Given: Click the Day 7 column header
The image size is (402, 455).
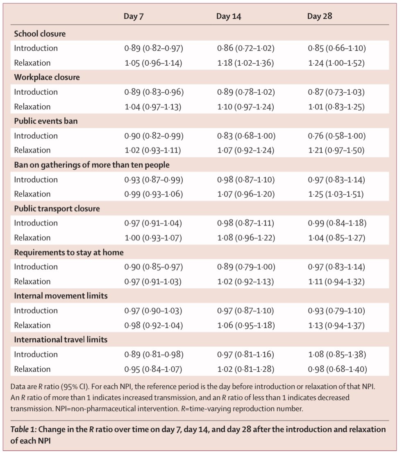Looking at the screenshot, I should pyautogui.click(x=134, y=16).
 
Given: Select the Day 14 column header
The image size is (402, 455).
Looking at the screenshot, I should pyautogui.click(x=229, y=16).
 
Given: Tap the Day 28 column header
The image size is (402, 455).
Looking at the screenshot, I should pyautogui.click(x=320, y=16).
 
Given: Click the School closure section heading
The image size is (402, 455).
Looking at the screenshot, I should pyautogui.click(x=40, y=34).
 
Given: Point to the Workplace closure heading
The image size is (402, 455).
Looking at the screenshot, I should pyautogui.click(x=47, y=77).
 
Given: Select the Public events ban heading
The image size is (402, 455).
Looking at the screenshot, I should pyautogui.click(x=45, y=121).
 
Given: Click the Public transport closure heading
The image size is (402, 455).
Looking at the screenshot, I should pyautogui.click(x=57, y=209).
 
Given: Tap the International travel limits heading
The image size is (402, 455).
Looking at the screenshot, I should pyautogui.click(x=60, y=340).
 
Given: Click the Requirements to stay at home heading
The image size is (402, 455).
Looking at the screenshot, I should pyautogui.click(x=68, y=252).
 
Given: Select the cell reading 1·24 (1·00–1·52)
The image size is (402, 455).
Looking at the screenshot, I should pyautogui.click(x=336, y=63).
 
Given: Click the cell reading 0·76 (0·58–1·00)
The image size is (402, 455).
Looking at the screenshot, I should pyautogui.click(x=336, y=136).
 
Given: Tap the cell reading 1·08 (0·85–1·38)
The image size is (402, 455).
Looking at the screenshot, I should pyautogui.click(x=336, y=354).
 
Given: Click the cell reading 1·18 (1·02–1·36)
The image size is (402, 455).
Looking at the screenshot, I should pyautogui.click(x=246, y=63).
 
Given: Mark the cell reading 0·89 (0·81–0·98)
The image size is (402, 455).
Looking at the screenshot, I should pyautogui.click(x=153, y=354).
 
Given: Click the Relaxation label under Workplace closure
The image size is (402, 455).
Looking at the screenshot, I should pyautogui.click(x=32, y=107).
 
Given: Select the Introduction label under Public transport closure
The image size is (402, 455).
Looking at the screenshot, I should pyautogui.click(x=36, y=223).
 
